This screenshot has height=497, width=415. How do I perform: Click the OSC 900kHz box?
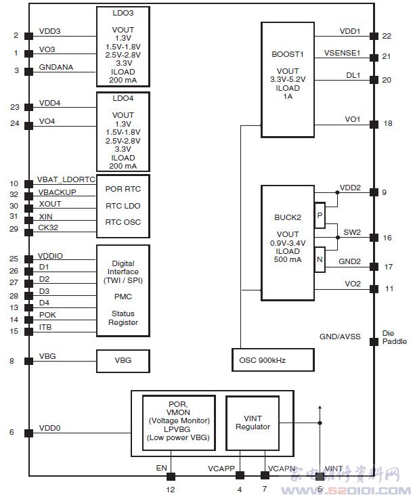pos(273,360)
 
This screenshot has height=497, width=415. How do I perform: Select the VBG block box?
pos(123,361)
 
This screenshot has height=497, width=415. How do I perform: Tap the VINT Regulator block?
pos(253,423)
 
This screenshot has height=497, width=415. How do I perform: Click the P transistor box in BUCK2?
pos(320,215)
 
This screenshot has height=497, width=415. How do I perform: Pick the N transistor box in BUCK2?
pos(320,259)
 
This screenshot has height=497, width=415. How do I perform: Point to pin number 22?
pos(387,36)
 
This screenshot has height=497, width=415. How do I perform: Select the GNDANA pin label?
pos(56,67)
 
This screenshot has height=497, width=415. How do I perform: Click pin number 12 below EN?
pos(170,489)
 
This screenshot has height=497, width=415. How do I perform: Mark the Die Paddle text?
pos(395,337)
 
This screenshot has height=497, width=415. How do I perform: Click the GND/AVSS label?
pos(340,337)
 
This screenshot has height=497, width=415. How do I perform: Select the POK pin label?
pos(47,315)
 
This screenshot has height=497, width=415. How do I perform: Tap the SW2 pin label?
pos(352,232)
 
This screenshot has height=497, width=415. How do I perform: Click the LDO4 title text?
pos(123,98)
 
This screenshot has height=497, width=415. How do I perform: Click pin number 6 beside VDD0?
pos(12,432)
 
